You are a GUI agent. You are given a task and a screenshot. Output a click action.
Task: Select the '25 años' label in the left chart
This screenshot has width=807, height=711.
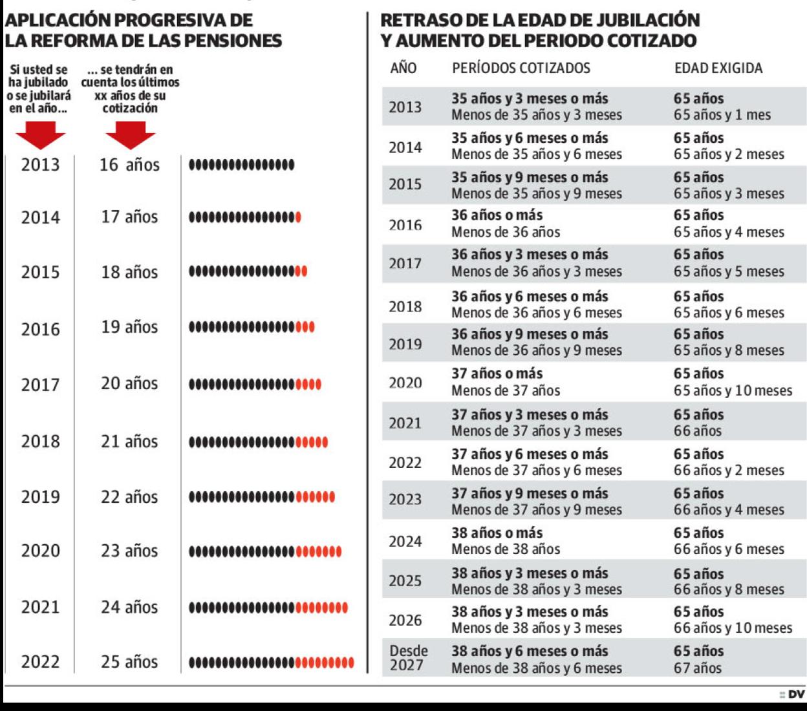click(129, 662)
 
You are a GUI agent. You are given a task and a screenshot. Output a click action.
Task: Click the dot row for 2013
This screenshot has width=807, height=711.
click(241, 165)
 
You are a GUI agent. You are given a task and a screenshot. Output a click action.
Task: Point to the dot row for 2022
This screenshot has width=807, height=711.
click(272, 663)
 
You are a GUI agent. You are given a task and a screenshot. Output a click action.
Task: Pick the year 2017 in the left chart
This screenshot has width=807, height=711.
click(40, 385)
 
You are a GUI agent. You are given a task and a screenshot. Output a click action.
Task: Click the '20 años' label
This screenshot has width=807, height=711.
click(129, 384)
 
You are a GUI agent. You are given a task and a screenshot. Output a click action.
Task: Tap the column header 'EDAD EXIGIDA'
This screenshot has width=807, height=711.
click(718, 69)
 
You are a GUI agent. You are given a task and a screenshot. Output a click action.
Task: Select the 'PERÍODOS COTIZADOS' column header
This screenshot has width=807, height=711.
click(521, 69)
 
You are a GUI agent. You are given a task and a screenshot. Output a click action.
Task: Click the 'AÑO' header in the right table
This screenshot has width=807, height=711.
click(403, 69)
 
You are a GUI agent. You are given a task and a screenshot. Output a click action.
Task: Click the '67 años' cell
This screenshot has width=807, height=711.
click(698, 668)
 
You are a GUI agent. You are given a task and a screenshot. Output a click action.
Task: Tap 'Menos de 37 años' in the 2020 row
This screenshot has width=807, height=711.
click(506, 390)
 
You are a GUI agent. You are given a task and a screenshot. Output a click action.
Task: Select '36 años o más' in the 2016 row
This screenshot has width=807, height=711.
click(497, 215)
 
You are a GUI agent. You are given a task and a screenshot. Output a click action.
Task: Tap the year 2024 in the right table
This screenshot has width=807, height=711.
click(405, 542)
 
